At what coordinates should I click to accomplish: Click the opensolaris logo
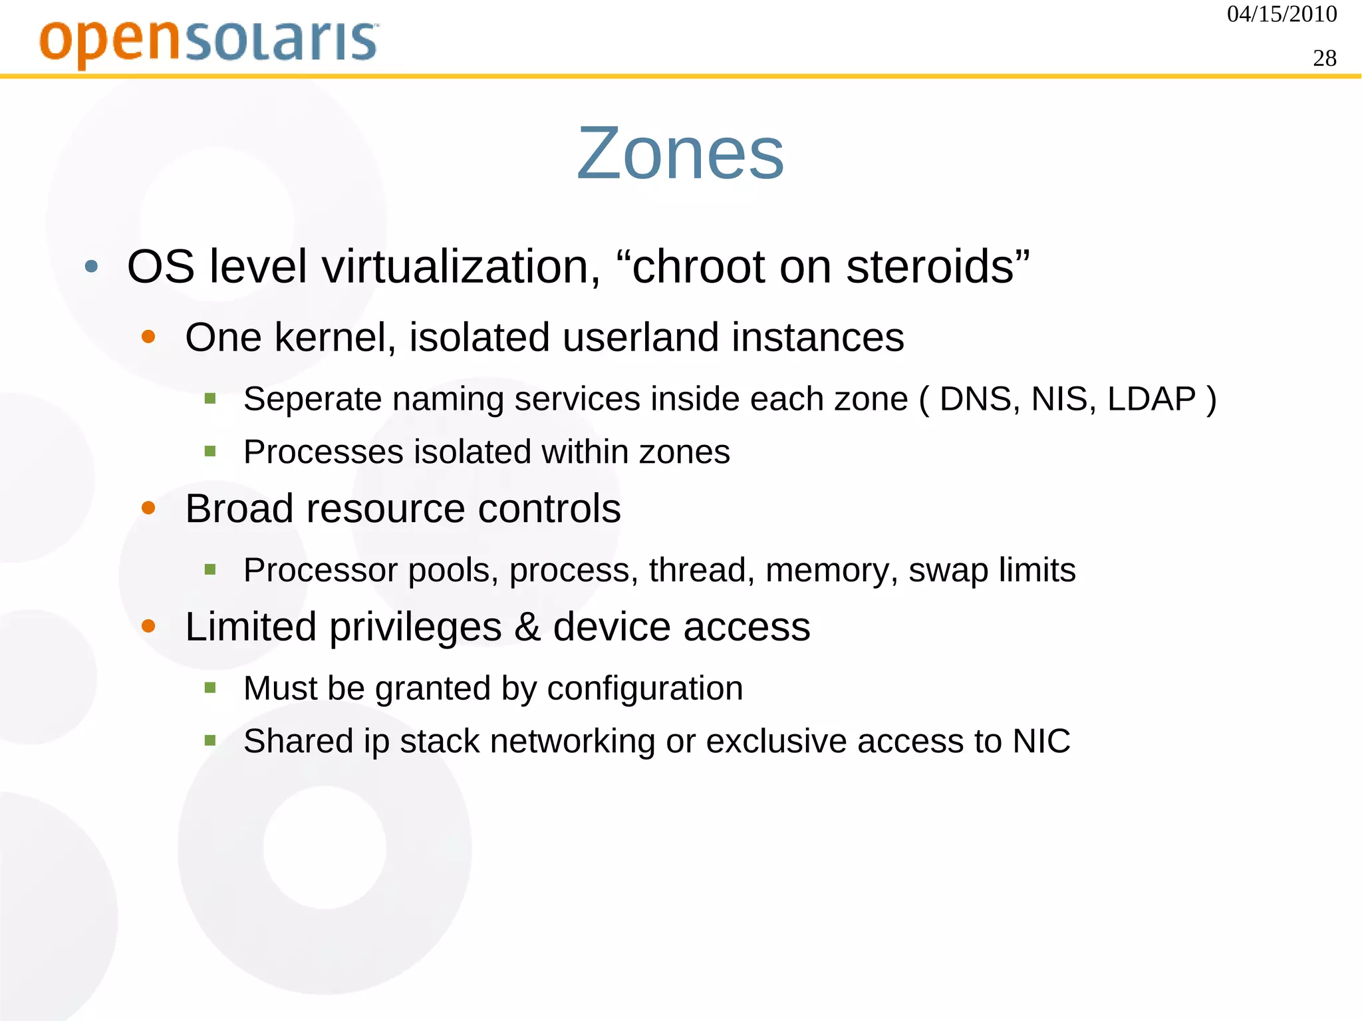point(209,42)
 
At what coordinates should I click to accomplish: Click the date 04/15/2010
point(1282,14)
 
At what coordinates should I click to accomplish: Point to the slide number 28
point(1324,59)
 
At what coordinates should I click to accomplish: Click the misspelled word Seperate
point(312,399)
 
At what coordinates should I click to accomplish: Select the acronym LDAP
point(1151,399)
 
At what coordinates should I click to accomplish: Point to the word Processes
point(323,452)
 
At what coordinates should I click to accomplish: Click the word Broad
point(239,509)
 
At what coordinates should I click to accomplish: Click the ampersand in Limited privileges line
point(527,627)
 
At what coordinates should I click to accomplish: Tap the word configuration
point(644,688)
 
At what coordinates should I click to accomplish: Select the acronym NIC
point(1041,741)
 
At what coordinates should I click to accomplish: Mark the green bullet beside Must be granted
point(210,688)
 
